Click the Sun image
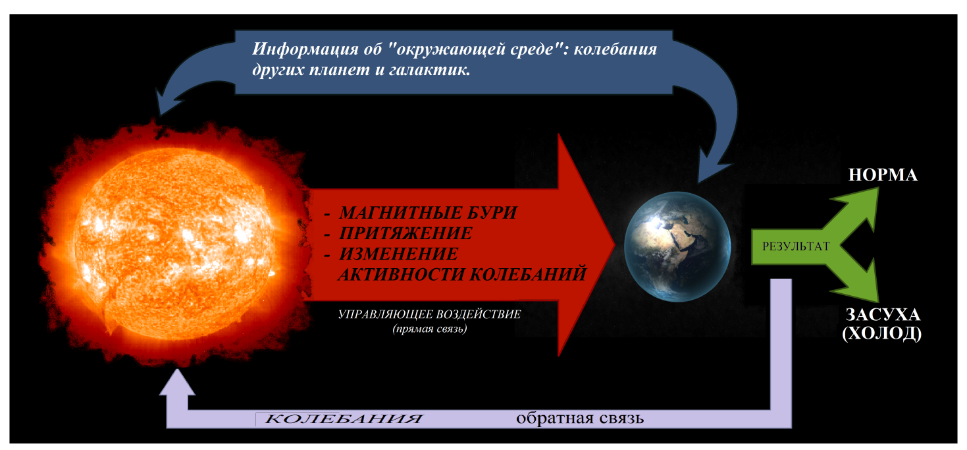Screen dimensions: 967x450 tap(175, 244)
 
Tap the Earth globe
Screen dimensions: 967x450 tap(677, 246)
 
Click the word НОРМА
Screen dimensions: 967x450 tap(883, 175)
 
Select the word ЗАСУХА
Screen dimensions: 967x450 tap(883, 314)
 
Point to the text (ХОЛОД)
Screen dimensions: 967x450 tap(882, 333)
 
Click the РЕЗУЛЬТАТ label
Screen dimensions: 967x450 tap(796, 246)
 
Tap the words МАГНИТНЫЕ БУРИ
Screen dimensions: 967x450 tap(428, 213)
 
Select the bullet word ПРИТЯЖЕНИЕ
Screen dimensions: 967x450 tap(405, 233)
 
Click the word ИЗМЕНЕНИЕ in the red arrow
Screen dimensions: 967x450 tap(398, 254)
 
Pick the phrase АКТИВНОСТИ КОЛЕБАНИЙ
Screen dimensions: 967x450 tap(462, 275)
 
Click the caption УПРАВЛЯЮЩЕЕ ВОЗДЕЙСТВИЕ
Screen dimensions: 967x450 tap(430, 314)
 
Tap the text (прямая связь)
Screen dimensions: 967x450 tap(430, 329)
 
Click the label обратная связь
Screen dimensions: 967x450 tap(580, 418)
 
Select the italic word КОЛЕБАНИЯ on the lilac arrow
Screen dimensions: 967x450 tap(343, 419)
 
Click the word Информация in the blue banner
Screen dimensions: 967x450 tap(305, 49)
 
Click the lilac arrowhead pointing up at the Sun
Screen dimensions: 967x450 tap(177, 382)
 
